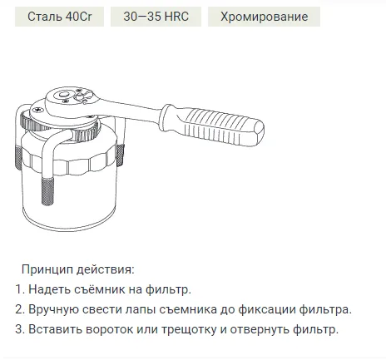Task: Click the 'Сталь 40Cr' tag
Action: point(59,17)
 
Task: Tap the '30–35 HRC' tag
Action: point(156,17)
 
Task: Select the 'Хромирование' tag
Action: point(264,17)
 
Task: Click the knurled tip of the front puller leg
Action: point(47,191)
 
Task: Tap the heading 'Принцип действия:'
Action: point(78,269)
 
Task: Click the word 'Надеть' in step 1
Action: point(50,289)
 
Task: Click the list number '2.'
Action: point(20,309)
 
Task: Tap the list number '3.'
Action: point(20,329)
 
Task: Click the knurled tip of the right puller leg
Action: point(120,155)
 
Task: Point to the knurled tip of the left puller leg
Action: point(19,158)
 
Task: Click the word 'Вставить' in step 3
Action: point(56,329)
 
